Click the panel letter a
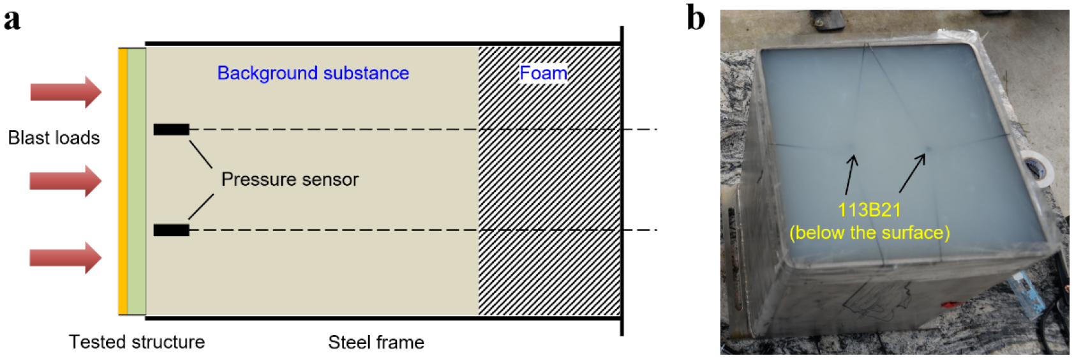12,19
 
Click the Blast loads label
54,138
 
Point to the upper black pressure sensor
171,130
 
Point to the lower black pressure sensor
171,230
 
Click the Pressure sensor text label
290,179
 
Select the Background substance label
313,73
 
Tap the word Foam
543,73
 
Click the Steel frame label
376,343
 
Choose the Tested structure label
137,342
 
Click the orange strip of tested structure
123,181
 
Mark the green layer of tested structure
137,181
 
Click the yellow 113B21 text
869,210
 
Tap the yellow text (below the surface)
869,232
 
